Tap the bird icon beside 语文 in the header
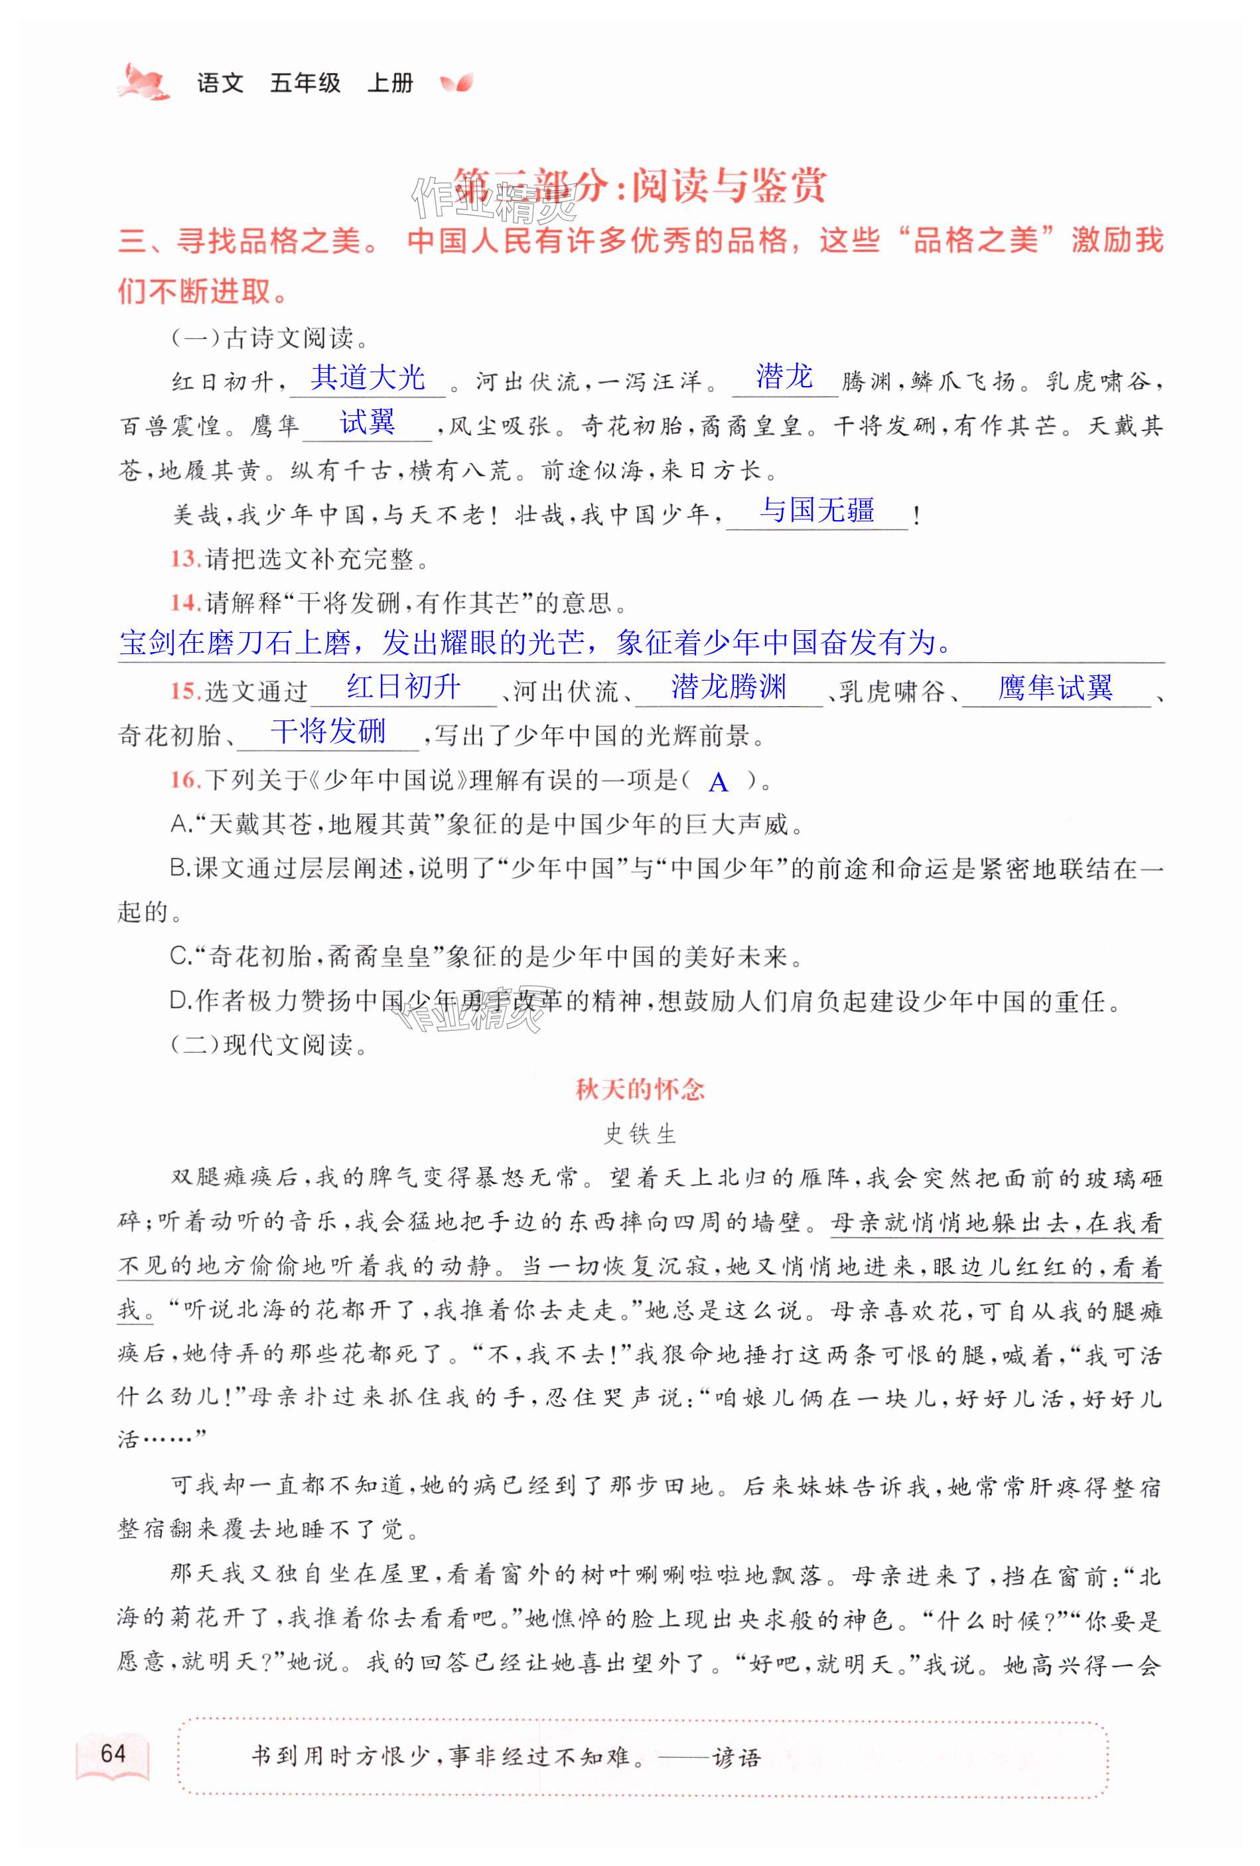point(145,82)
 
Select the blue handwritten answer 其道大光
point(368,377)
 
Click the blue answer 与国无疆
point(817,510)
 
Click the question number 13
point(184,559)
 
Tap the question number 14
point(184,602)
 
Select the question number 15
point(184,691)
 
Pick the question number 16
point(184,779)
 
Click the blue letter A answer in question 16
point(719,782)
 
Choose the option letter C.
point(179,957)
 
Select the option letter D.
point(179,1000)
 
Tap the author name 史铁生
point(640,1134)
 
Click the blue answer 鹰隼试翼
point(1054,687)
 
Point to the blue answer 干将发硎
point(328,732)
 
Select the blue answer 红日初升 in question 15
point(403,687)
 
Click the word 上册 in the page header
point(390,83)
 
